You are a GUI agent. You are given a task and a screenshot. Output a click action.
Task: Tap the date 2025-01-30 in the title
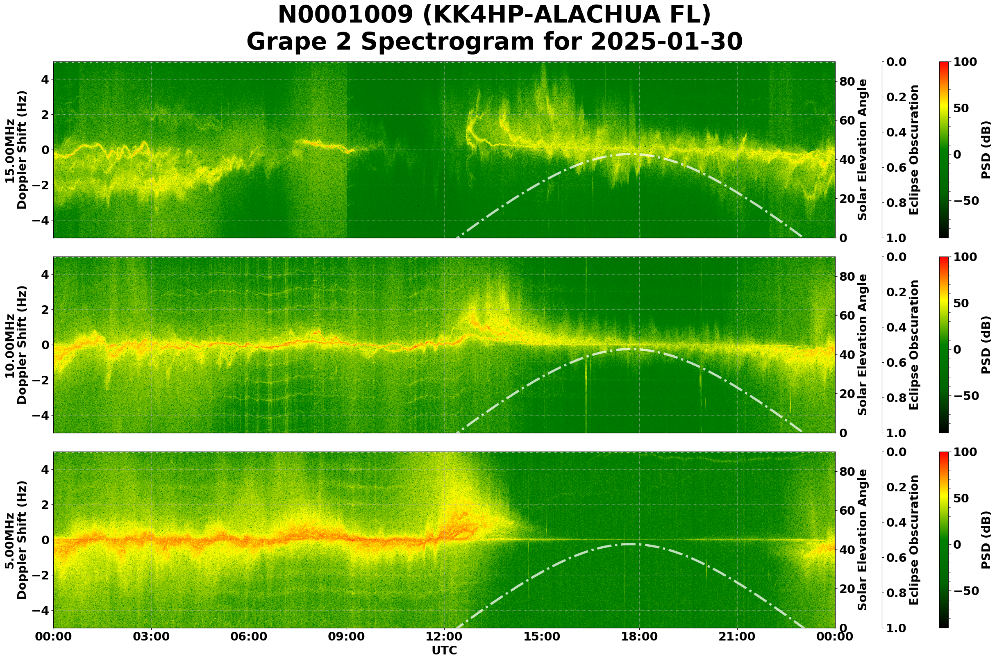tap(665, 42)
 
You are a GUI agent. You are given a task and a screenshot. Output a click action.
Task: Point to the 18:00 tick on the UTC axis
tap(639, 636)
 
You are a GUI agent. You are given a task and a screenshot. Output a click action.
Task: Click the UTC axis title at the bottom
tap(444, 650)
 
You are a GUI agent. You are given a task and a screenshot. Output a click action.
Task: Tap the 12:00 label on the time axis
tap(444, 636)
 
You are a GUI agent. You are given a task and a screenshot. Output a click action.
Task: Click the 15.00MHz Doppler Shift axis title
tap(16, 150)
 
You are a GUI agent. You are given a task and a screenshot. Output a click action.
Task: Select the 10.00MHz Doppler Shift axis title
tap(16, 345)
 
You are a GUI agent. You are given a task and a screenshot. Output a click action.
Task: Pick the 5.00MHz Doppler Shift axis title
tap(16, 540)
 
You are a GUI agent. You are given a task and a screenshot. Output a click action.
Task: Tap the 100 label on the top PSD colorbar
tap(965, 62)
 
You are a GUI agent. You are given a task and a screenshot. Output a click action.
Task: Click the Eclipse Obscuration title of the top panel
tap(913, 150)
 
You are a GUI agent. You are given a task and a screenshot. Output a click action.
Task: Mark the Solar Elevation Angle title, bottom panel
tap(863, 540)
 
